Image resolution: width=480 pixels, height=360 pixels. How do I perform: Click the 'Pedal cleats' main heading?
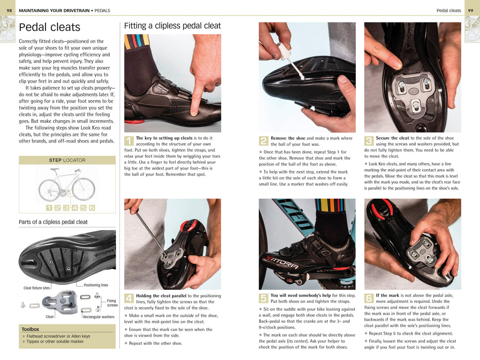pos(49,27)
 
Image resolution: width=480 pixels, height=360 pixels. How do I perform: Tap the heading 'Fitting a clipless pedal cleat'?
pos(172,26)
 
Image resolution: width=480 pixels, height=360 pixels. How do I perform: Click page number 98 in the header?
pos(9,10)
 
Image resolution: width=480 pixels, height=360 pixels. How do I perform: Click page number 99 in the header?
pos(471,10)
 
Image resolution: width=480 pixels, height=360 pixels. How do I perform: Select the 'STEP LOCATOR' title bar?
pos(67,160)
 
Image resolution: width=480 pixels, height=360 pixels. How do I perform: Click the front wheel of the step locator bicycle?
pos(83,189)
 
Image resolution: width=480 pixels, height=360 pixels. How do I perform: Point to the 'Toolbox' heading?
pos(30,329)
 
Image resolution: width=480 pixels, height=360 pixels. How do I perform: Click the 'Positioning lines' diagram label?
pos(96,285)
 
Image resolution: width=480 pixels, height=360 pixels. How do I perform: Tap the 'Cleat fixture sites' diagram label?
pos(37,288)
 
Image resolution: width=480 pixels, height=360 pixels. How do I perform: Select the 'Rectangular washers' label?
pos(98,317)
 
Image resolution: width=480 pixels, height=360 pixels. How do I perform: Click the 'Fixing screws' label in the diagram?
pos(112,303)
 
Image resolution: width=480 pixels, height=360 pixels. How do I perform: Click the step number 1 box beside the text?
pos(129,141)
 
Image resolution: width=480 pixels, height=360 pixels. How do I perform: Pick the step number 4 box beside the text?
pos(129,298)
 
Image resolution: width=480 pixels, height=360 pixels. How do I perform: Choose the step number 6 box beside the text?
pos(369,298)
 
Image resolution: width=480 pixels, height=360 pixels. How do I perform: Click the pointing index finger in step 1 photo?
pos(197,101)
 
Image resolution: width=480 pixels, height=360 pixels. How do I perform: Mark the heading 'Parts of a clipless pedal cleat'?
pos(53,222)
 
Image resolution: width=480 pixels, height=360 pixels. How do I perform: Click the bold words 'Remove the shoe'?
pos(288,138)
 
